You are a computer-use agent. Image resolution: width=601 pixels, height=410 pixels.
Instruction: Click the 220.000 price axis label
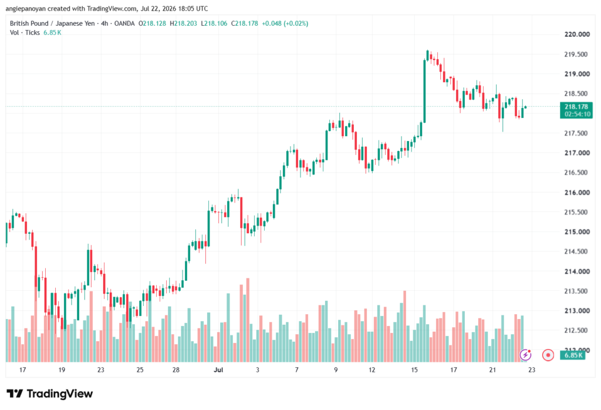[577, 34]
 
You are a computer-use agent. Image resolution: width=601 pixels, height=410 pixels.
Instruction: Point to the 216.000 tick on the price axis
[577, 192]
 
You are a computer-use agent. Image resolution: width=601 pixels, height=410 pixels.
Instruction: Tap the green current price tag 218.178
[576, 110]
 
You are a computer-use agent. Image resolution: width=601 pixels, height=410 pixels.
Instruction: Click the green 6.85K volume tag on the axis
[573, 355]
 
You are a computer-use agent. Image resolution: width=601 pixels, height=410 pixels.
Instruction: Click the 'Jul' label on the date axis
[218, 369]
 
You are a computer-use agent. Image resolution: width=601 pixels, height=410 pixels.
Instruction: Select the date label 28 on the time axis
[176, 369]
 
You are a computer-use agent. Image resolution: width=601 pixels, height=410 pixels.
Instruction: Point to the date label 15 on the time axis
[414, 369]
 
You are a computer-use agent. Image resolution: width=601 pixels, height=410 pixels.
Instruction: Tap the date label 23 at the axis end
[532, 369]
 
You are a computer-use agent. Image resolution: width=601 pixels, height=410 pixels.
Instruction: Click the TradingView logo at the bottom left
[50, 394]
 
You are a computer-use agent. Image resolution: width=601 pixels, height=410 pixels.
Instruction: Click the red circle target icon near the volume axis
[548, 355]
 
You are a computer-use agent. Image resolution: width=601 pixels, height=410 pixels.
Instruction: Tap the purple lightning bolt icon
[525, 355]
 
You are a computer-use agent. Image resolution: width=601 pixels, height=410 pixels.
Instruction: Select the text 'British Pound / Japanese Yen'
[52, 23]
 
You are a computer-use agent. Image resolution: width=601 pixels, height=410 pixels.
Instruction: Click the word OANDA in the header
[124, 23]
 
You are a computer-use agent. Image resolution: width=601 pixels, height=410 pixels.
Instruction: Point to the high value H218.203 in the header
[183, 23]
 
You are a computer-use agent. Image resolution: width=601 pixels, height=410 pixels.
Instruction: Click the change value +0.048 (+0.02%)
[285, 23]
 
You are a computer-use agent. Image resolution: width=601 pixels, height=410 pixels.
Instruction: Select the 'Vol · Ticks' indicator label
[25, 33]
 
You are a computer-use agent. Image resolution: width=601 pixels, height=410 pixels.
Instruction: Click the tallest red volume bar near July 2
[248, 320]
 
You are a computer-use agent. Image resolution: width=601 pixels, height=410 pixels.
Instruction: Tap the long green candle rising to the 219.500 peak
[424, 91]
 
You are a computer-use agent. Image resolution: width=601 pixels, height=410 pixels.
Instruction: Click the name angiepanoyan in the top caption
[25, 8]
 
